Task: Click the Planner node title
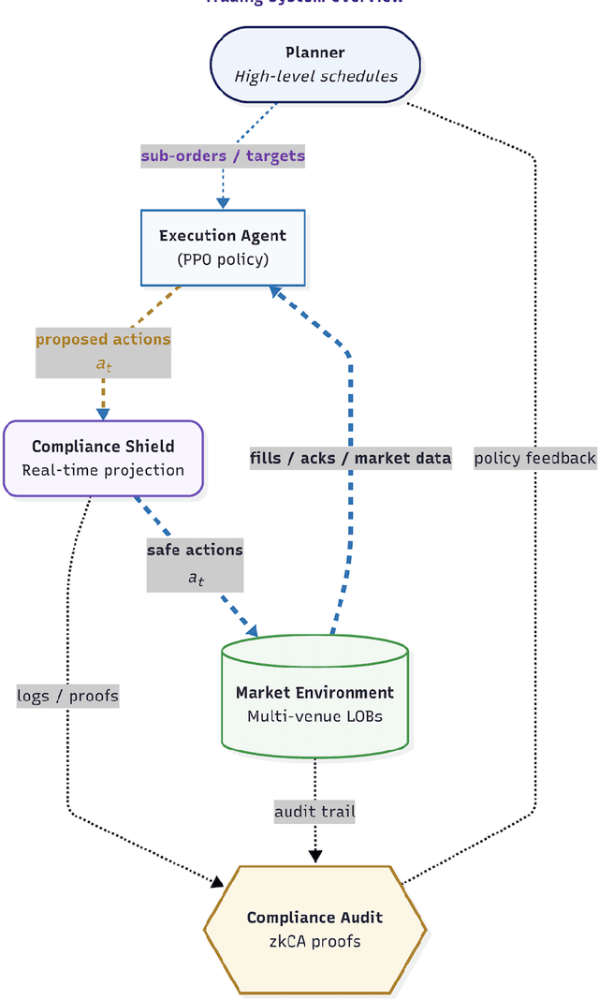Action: click(314, 52)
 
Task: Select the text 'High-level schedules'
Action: click(314, 76)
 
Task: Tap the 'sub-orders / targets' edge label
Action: click(223, 155)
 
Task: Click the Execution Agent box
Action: click(223, 246)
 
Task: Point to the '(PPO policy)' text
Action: click(223, 258)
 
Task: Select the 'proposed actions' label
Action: click(103, 339)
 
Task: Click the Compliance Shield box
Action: click(103, 458)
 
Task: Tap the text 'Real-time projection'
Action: click(103, 470)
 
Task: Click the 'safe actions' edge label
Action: click(195, 550)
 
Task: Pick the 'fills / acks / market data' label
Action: click(351, 458)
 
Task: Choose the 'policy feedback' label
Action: click(534, 458)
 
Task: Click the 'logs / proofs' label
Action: click(68, 696)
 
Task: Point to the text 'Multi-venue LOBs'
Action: click(314, 716)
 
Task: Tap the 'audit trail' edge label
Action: click(314, 811)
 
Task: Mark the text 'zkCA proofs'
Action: click(314, 941)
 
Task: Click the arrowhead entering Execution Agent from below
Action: click(277, 292)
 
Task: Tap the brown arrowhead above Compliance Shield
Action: click(103, 412)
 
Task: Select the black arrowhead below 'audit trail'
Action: click(314, 855)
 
